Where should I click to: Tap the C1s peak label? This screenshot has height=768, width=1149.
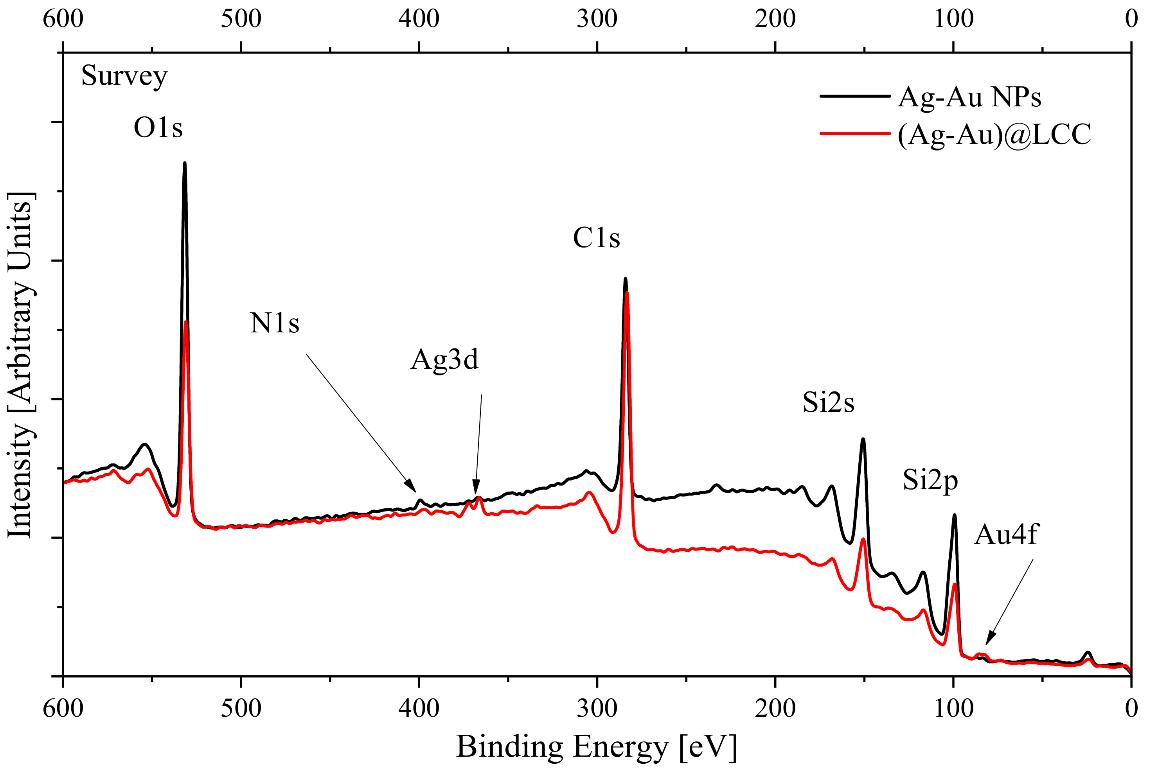[x=596, y=239]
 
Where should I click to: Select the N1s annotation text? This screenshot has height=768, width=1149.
[x=274, y=323]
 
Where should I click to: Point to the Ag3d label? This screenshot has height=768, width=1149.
[x=444, y=360]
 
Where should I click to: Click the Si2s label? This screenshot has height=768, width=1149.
[x=828, y=403]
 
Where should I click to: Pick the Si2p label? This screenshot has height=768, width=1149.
[x=930, y=481]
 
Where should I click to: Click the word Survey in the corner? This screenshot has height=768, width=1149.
[x=124, y=76]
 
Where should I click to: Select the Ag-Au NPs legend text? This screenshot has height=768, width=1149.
[x=969, y=97]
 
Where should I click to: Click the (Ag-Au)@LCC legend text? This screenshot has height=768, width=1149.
[x=994, y=134]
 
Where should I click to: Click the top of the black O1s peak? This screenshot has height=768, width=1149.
[x=185, y=163]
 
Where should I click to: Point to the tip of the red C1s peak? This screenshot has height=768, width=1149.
[x=627, y=293]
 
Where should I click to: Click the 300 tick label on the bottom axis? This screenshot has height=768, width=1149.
[x=597, y=708]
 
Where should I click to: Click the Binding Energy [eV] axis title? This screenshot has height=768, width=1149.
[x=596, y=747]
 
